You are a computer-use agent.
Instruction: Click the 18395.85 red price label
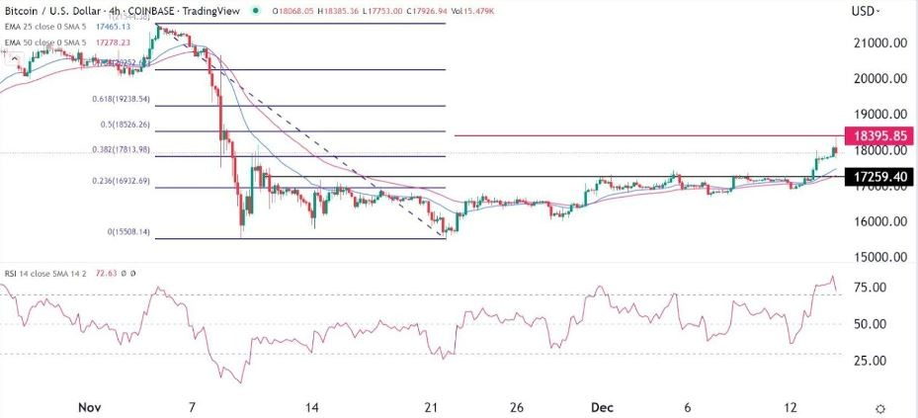point(874,136)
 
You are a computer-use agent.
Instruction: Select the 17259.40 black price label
point(874,177)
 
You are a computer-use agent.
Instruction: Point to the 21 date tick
point(431,406)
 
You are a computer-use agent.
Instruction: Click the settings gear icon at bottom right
point(880,407)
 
